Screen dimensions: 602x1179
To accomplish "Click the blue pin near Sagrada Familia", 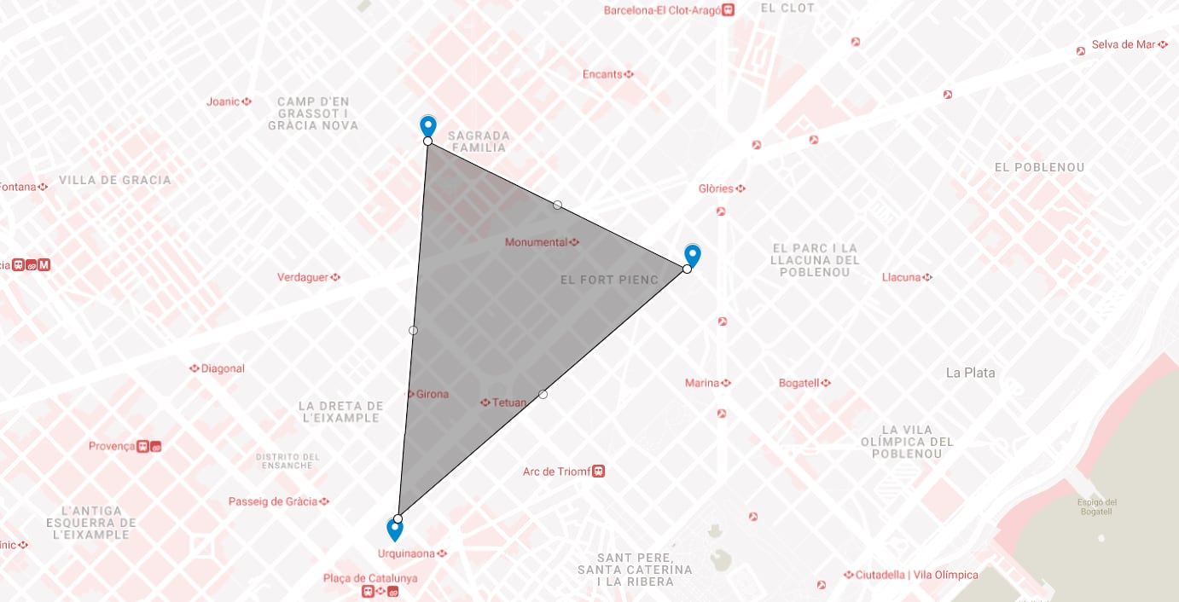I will (x=428, y=126).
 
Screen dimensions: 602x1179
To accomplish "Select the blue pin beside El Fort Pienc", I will (x=693, y=255).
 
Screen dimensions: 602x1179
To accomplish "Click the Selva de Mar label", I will (x=1124, y=44).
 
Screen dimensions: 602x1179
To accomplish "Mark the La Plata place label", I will (x=970, y=373).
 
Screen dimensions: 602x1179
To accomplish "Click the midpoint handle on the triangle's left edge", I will (x=413, y=330).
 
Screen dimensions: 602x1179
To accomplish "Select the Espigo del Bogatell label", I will (x=1097, y=506).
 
